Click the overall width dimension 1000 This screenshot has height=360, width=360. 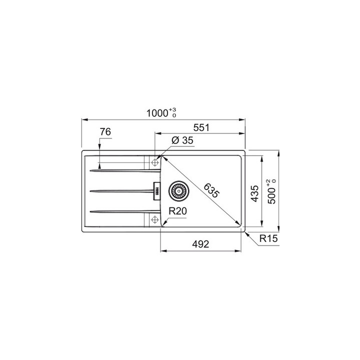click(x=156, y=113)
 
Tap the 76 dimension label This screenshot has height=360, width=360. click(x=105, y=132)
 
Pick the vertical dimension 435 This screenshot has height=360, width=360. click(x=254, y=193)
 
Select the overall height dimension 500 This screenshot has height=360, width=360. click(x=271, y=192)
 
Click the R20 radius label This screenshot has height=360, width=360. click(x=177, y=211)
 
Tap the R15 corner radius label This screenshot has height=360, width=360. click(x=267, y=239)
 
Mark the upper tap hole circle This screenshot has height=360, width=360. click(x=154, y=162)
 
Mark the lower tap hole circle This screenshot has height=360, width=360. click(x=154, y=219)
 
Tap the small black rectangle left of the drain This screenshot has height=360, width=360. click(x=156, y=190)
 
